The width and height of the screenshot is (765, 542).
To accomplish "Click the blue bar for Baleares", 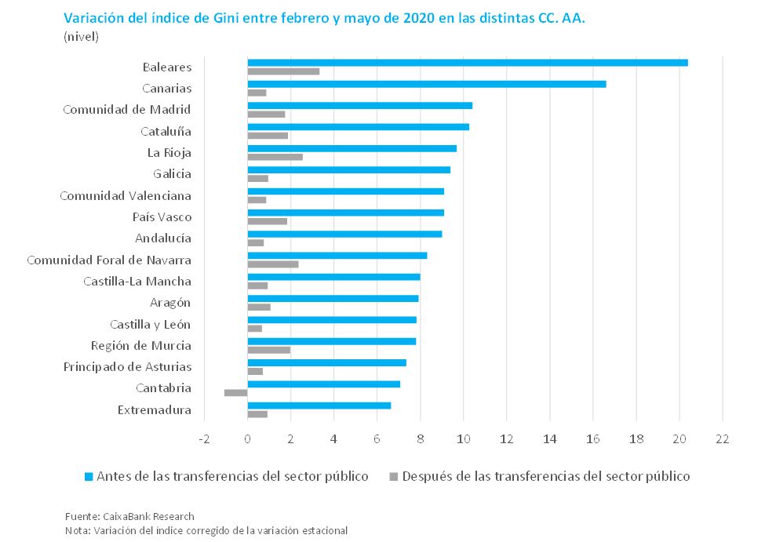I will pyautogui.click(x=468, y=63).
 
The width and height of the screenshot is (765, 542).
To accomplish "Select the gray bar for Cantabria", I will pyautogui.click(x=235, y=392).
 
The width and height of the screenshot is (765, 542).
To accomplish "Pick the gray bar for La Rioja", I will pyautogui.click(x=275, y=157).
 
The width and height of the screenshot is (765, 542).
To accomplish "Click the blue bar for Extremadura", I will pyautogui.click(x=319, y=405).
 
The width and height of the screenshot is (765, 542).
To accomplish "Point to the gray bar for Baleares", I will pyautogui.click(x=283, y=71).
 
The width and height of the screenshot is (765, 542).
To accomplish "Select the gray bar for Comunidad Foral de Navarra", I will pyautogui.click(x=273, y=264).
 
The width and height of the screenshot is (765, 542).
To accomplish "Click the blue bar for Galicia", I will pyautogui.click(x=348, y=169).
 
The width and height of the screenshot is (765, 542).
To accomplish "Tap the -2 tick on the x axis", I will pyautogui.click(x=204, y=438).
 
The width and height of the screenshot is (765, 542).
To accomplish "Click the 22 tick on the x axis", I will pyautogui.click(x=722, y=438).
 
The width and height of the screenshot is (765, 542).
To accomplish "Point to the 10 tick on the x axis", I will pyautogui.click(x=463, y=438).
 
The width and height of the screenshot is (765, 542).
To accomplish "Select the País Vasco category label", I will pyautogui.click(x=162, y=217).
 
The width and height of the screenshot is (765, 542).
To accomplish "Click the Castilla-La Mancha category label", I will pyautogui.click(x=137, y=282).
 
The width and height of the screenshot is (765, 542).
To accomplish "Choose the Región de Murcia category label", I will pyautogui.click(x=141, y=346).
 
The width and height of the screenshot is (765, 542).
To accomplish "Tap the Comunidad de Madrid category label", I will pyautogui.click(x=127, y=110).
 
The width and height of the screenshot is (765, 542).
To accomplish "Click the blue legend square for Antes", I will pyautogui.click(x=89, y=476).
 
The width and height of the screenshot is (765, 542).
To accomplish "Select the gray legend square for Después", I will pyautogui.click(x=394, y=476).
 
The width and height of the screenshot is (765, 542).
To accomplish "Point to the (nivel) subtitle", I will pyautogui.click(x=82, y=36).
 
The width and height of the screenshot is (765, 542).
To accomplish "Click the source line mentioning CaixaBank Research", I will pyautogui.click(x=129, y=516).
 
